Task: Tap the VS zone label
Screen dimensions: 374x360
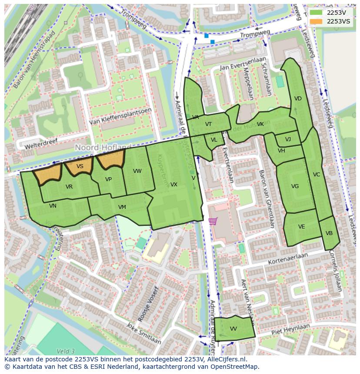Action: click(x=80, y=166)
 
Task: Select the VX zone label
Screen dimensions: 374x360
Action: click(x=173, y=185)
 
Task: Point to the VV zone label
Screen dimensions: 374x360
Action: click(x=233, y=329)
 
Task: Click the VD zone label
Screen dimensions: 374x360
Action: click(x=298, y=99)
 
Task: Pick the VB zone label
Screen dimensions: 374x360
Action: click(x=329, y=233)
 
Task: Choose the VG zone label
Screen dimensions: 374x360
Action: click(x=295, y=186)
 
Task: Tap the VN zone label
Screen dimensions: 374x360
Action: click(x=53, y=206)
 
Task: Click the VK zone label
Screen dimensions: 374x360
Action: click(x=260, y=124)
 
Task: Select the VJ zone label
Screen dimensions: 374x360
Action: click(x=288, y=139)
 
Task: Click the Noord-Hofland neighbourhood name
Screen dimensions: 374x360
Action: click(x=103, y=148)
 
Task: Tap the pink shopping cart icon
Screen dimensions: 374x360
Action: click(x=213, y=221)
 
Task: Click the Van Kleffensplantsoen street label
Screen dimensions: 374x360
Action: click(x=120, y=117)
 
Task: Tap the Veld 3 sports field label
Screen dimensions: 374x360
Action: click(x=66, y=351)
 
